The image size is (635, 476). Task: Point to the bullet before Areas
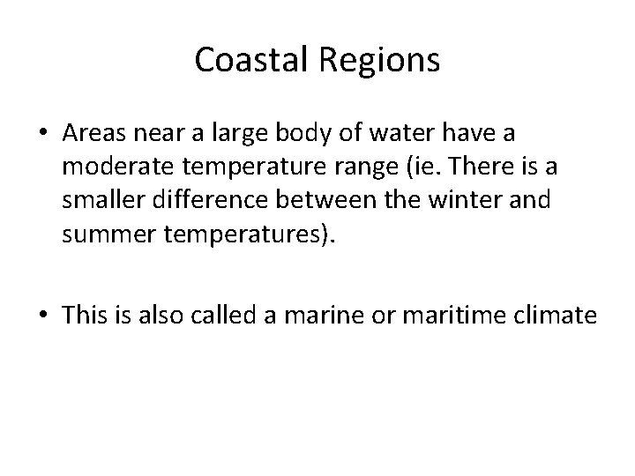click(45, 135)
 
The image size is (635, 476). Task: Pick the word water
click(391, 134)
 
